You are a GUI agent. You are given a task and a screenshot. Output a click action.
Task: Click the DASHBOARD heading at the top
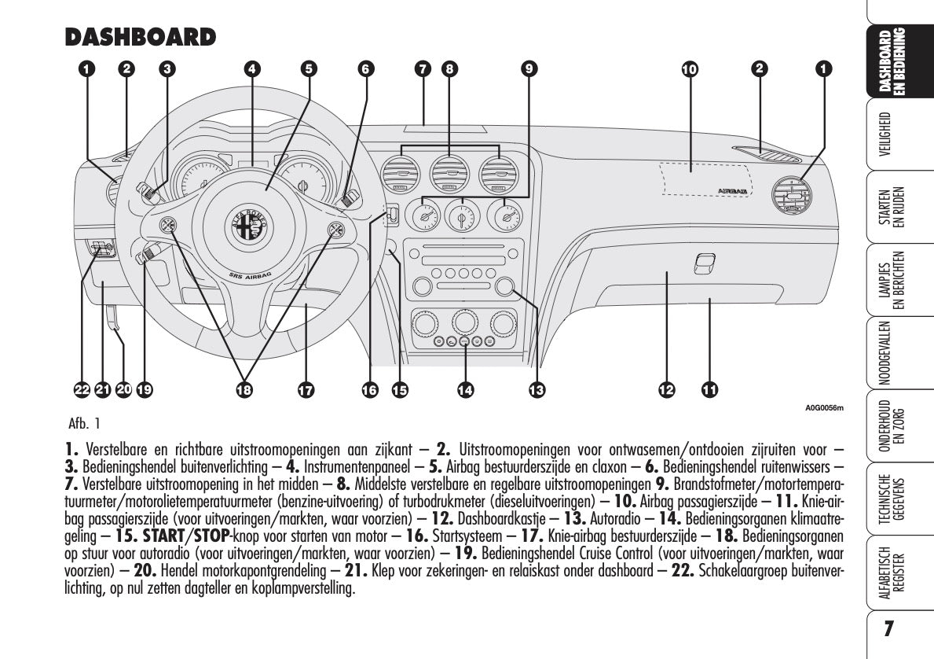140,37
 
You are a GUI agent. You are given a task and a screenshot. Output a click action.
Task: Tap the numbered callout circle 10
689,69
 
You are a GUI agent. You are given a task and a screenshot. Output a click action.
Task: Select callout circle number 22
82,388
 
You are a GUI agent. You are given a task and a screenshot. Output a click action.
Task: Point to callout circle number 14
466,388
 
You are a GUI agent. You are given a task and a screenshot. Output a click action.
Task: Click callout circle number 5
310,69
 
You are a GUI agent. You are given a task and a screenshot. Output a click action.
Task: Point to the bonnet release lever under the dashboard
112,318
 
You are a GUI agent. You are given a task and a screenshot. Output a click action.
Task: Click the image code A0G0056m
823,407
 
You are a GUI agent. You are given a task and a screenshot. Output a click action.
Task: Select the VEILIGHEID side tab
885,136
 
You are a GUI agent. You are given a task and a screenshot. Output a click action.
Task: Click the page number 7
888,630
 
